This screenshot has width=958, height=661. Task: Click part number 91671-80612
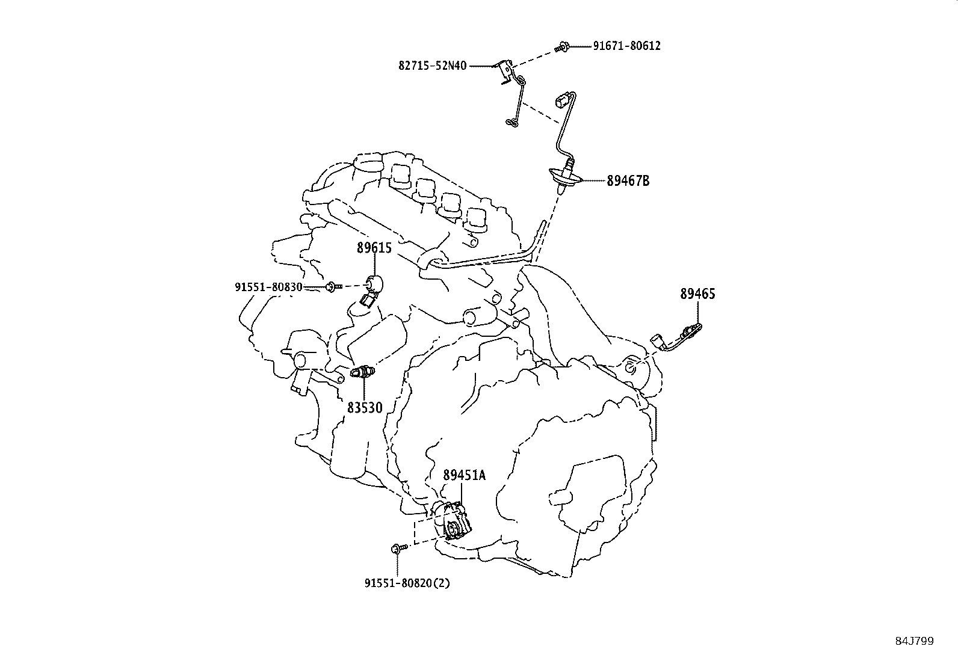626,46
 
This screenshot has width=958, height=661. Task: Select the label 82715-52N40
432,66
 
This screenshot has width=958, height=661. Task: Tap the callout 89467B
628,180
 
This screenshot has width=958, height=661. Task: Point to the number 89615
374,248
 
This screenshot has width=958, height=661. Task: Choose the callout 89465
697,294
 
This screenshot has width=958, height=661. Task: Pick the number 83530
365,408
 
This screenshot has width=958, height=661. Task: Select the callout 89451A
464,475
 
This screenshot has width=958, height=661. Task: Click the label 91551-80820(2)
407,583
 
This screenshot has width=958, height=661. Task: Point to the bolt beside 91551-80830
332,287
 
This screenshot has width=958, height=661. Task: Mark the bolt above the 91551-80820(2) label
397,548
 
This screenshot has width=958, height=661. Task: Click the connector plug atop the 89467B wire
564,100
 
